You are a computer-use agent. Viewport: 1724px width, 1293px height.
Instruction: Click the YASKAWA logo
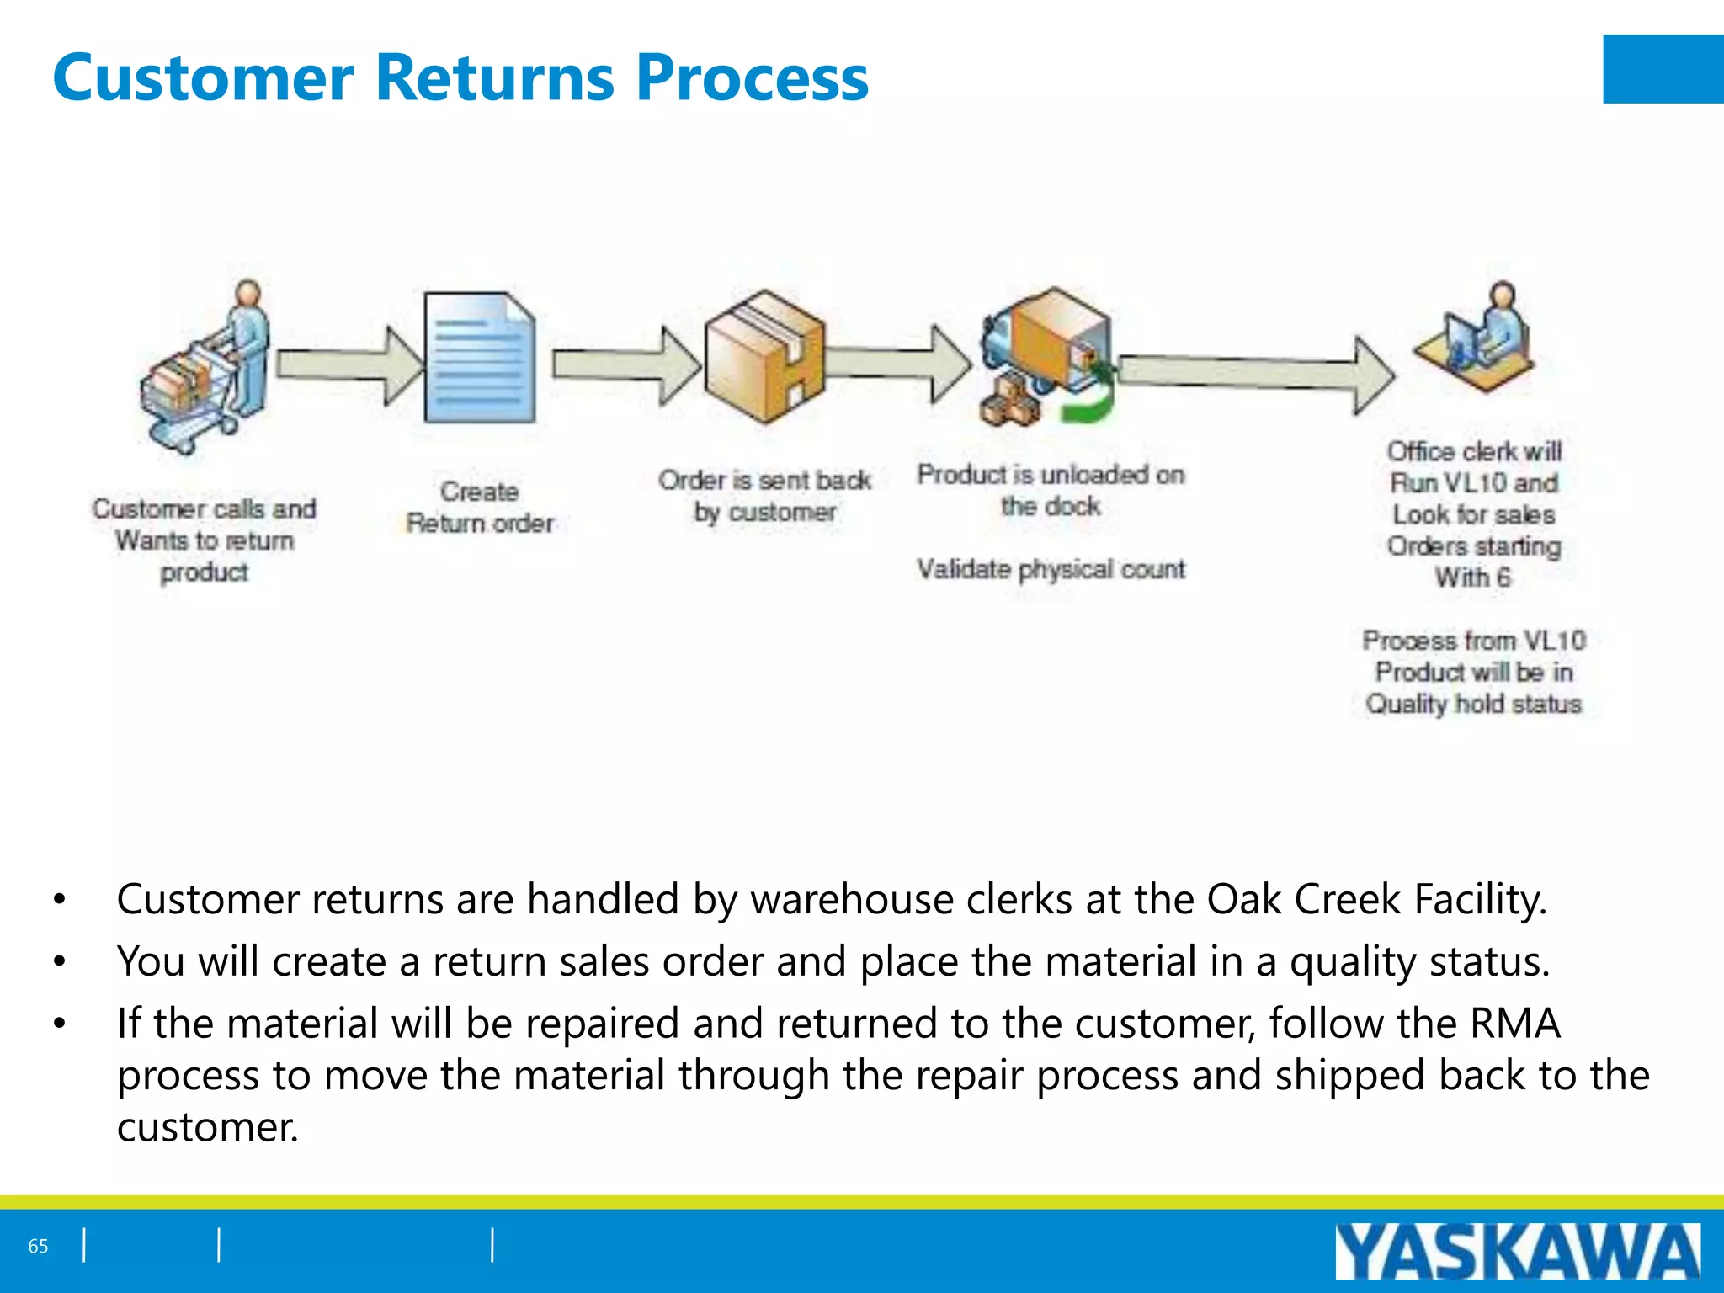pyautogui.click(x=1516, y=1251)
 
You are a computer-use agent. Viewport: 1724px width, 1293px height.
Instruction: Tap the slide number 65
pyautogui.click(x=39, y=1246)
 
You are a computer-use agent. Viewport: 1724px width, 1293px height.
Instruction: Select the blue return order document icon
pyautogui.click(x=480, y=357)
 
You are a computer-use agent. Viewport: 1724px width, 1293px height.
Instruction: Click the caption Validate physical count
pyautogui.click(x=1051, y=570)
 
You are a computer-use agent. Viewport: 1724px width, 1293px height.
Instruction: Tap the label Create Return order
pyautogui.click(x=480, y=507)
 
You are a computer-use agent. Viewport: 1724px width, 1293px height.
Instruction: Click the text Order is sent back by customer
pyautogui.click(x=764, y=496)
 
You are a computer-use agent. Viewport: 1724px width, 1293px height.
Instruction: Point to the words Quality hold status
pyautogui.click(x=1473, y=704)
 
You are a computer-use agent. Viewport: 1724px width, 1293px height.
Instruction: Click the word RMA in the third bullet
pyautogui.click(x=1515, y=1024)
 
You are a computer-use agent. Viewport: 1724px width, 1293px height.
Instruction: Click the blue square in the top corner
pyautogui.click(x=1663, y=69)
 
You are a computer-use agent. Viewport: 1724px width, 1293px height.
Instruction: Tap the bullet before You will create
pyautogui.click(x=59, y=961)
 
